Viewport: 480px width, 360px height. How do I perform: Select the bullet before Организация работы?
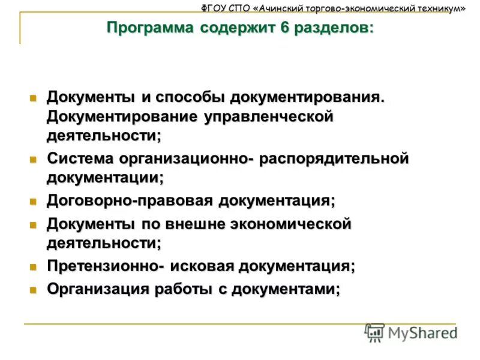pyautogui.click(x=34, y=289)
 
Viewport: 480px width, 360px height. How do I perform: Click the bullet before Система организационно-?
pyautogui.click(x=34, y=160)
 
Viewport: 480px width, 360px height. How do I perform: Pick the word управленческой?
pyautogui.click(x=269, y=116)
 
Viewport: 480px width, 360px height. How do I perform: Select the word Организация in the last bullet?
pyautogui.click(x=98, y=289)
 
